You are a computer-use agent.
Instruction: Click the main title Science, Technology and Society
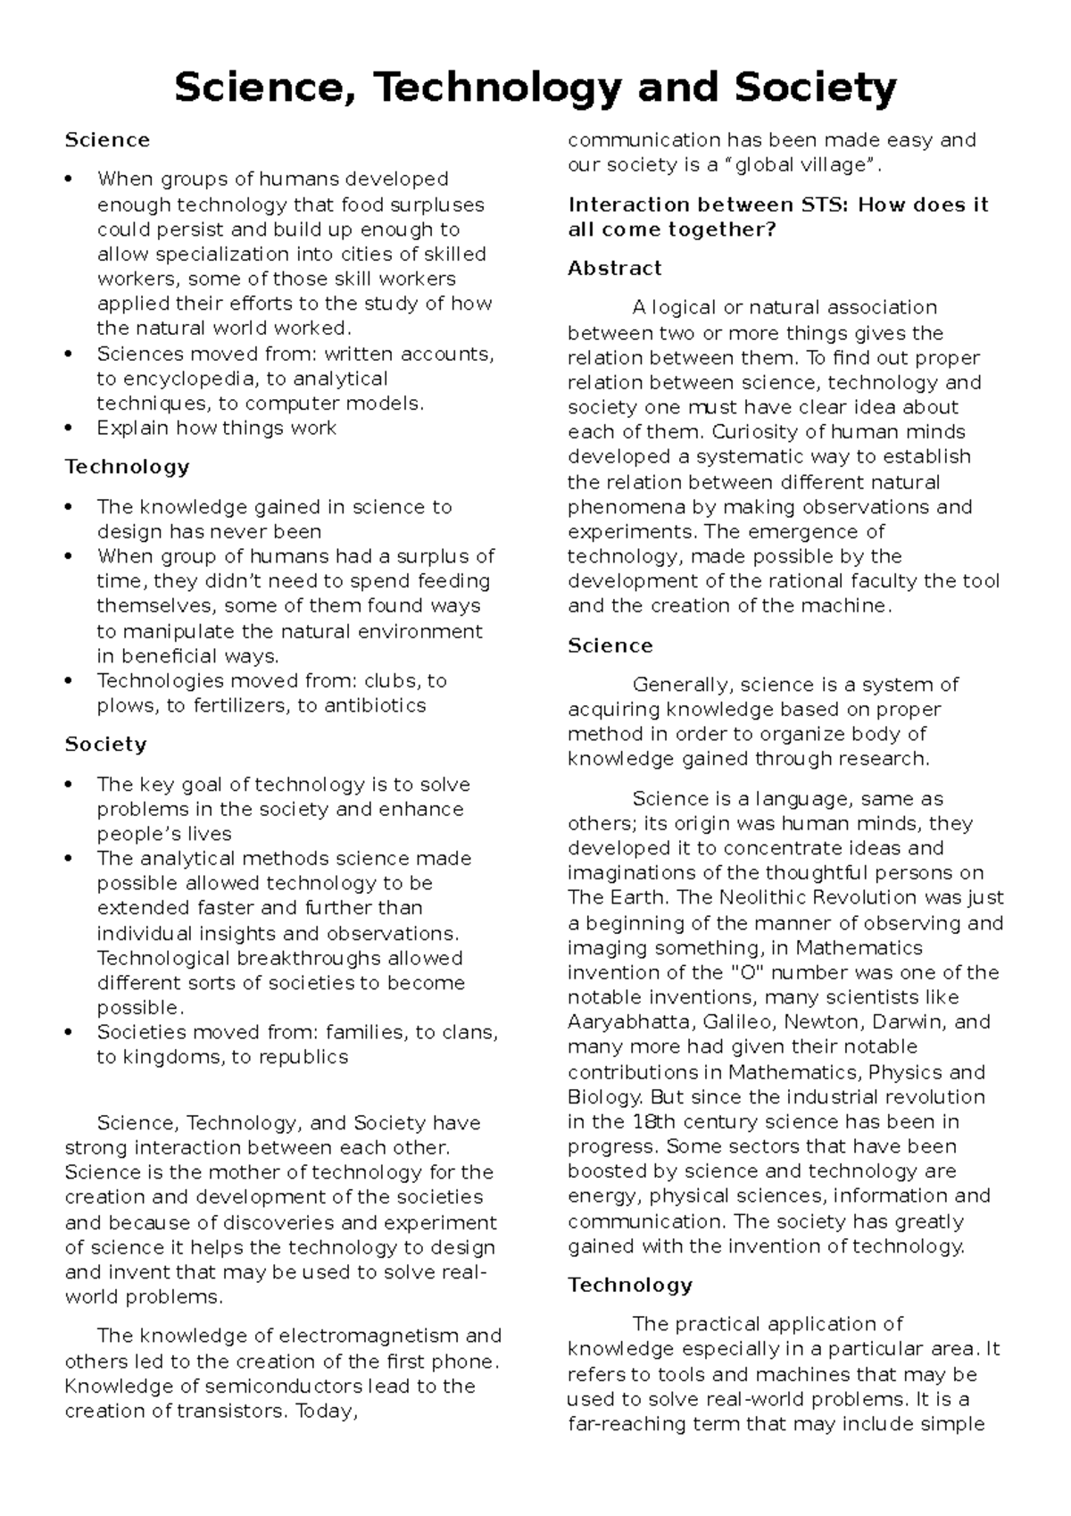click(x=535, y=88)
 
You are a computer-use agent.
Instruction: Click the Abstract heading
click(x=614, y=269)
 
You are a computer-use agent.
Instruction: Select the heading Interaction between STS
click(x=778, y=217)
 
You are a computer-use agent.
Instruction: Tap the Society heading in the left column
click(x=105, y=745)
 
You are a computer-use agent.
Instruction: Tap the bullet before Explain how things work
click(x=69, y=429)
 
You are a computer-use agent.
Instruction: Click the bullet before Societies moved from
click(x=69, y=1033)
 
